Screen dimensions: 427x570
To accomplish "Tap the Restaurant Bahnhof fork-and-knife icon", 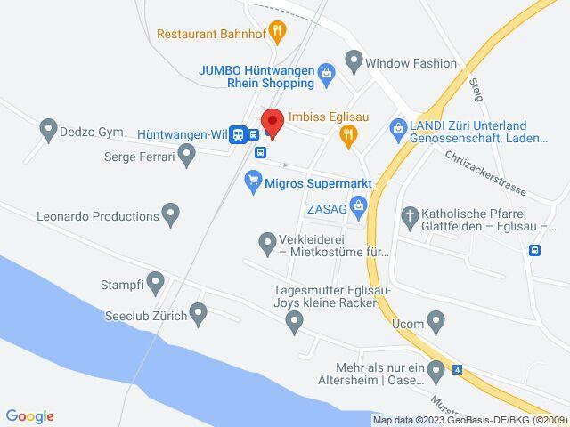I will [278, 34].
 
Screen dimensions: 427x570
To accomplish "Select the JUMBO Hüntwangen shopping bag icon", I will [326, 72].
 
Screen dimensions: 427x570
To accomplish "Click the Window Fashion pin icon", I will [354, 62].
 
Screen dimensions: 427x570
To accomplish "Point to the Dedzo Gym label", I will [91, 132].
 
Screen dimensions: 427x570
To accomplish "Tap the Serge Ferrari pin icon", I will [186, 156].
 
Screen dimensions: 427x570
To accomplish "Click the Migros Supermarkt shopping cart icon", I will [253, 181].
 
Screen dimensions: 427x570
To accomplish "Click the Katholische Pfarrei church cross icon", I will [411, 215].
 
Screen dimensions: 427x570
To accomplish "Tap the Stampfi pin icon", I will [156, 284].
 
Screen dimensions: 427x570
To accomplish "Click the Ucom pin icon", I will [436, 319].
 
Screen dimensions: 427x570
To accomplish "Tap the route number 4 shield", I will [458, 369].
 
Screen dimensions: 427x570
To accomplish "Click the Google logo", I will [30, 416].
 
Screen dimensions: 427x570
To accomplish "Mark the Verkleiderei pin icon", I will [266, 240].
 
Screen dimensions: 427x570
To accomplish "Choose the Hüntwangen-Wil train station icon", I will [237, 134].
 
